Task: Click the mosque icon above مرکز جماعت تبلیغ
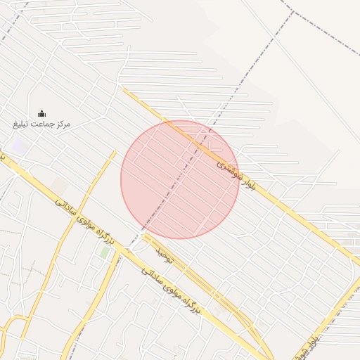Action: pyautogui.click(x=41, y=113)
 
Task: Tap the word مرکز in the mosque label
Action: pyautogui.click(x=60, y=124)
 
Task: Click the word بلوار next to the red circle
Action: pyautogui.click(x=247, y=185)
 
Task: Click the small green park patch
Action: pyautogui.click(x=105, y=251)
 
